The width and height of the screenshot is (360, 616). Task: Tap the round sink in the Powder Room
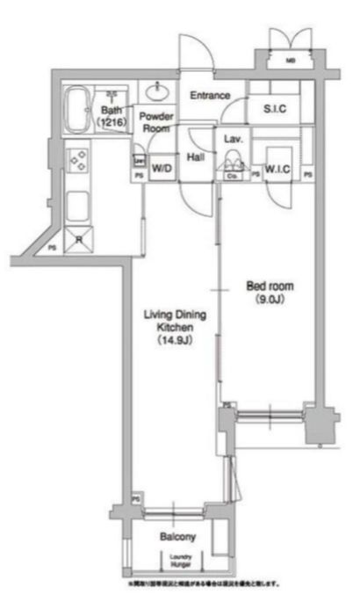[x=159, y=91]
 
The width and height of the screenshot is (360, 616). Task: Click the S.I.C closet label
[x=276, y=108]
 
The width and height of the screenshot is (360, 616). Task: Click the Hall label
[x=196, y=157]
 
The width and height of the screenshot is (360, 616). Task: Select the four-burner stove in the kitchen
[x=78, y=162]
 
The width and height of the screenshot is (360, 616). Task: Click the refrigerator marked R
[x=78, y=237]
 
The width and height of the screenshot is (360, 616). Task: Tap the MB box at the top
[x=292, y=61]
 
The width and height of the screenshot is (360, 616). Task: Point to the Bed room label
[x=270, y=286]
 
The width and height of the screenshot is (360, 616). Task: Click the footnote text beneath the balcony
[x=204, y=583]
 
